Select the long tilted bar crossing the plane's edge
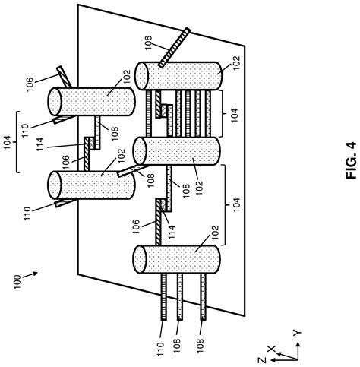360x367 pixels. coord(170,52)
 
